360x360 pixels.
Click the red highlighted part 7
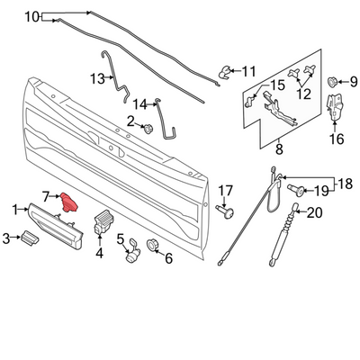click(x=69, y=202)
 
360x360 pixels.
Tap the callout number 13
click(x=97, y=79)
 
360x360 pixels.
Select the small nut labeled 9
click(x=332, y=81)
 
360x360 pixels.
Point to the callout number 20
click(x=315, y=212)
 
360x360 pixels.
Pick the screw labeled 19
click(x=297, y=190)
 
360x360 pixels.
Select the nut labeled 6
click(x=152, y=245)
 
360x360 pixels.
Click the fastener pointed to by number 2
click(x=148, y=129)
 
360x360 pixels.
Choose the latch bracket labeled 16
click(x=336, y=108)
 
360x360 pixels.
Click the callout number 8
click(x=279, y=149)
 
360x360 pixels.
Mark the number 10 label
click(x=32, y=16)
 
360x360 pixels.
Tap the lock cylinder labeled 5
click(x=132, y=253)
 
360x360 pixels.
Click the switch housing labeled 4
click(x=103, y=223)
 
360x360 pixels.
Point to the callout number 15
click(x=278, y=85)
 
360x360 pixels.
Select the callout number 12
click(x=303, y=94)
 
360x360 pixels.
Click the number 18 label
click(x=345, y=184)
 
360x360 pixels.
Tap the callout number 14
click(x=140, y=104)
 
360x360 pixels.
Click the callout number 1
click(x=15, y=210)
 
